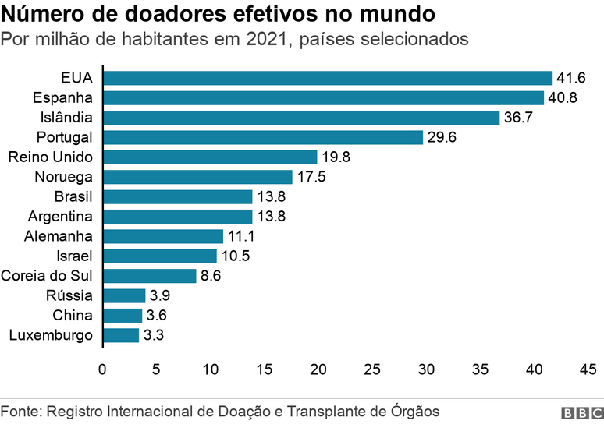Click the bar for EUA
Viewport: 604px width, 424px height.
[328, 77]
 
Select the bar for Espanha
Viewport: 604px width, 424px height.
[323, 97]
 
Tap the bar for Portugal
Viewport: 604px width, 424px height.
[263, 137]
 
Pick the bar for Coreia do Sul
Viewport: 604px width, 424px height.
[149, 276]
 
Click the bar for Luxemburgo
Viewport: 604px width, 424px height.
[121, 335]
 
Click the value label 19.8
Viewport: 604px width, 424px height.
[336, 157]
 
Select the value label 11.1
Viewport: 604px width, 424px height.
[241, 236]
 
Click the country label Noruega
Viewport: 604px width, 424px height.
[64, 177]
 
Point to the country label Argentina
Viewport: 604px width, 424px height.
[60, 216]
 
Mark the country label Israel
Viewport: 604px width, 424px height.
[75, 256]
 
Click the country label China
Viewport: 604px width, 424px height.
[73, 315]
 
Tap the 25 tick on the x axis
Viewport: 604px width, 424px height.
[371, 369]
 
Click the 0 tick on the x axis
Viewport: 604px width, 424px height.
[102, 369]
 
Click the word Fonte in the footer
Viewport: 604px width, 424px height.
[19, 411]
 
